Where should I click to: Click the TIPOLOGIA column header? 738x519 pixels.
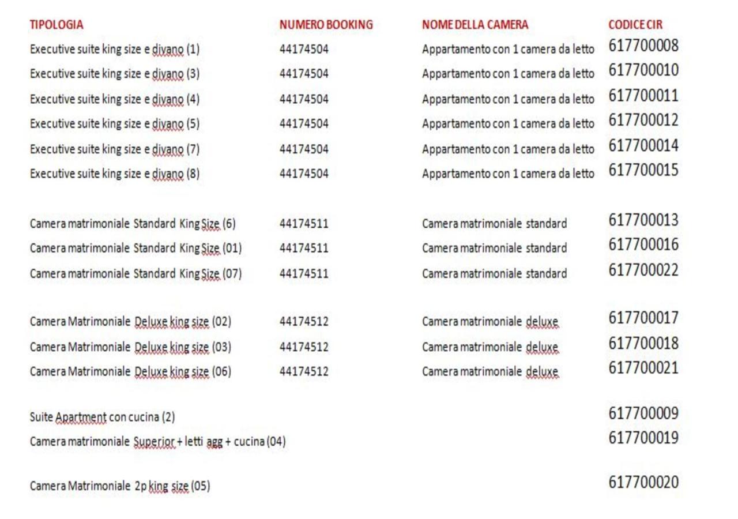click(57, 25)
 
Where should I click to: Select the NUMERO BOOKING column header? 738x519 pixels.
click(326, 25)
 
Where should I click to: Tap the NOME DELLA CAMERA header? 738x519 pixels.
click(475, 25)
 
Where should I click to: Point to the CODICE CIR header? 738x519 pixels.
click(635, 25)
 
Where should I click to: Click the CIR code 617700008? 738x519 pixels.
click(643, 46)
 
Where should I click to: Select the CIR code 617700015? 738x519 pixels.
click(643, 170)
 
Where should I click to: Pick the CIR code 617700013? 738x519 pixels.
click(643, 220)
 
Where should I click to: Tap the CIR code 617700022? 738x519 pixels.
click(643, 270)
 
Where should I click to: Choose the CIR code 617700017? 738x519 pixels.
click(643, 318)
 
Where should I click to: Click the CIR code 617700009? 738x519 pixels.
click(643, 413)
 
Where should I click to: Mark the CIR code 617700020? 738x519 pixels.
click(643, 482)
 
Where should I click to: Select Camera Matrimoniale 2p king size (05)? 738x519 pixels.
click(120, 486)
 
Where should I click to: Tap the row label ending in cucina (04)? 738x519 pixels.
click(157, 442)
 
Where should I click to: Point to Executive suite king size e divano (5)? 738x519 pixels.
click(115, 124)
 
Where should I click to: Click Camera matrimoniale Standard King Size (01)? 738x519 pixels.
click(135, 249)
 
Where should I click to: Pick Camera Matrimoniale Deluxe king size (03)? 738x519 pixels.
click(130, 347)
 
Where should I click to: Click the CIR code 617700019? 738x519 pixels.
click(643, 438)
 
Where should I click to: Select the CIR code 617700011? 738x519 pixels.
click(643, 95)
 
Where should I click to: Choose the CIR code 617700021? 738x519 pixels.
click(643, 367)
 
